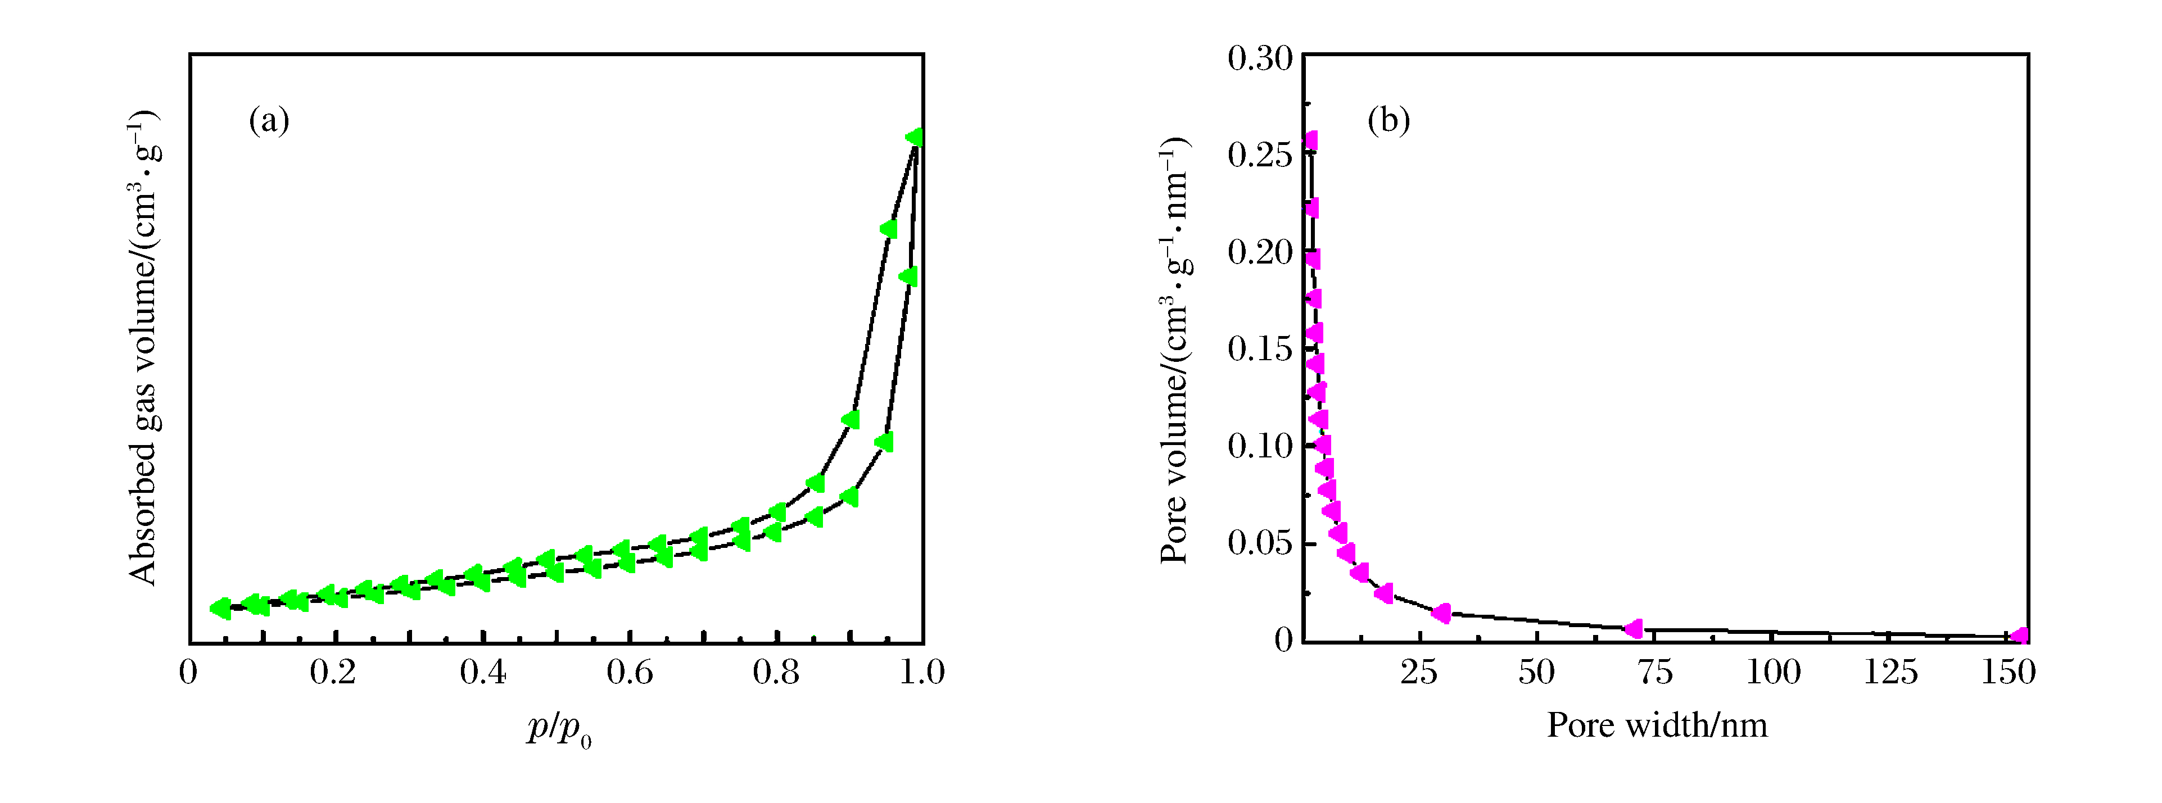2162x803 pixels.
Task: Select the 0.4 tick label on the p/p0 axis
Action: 482,672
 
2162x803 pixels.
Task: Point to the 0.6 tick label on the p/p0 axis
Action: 630,672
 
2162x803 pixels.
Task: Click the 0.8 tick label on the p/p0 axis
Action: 776,672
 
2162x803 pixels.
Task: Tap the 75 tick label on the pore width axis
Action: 1654,672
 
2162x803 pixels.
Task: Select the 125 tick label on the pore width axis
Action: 1890,672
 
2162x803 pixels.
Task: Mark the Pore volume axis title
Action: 1175,349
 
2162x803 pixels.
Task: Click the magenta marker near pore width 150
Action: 2019,636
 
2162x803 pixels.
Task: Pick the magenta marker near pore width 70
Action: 1633,628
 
